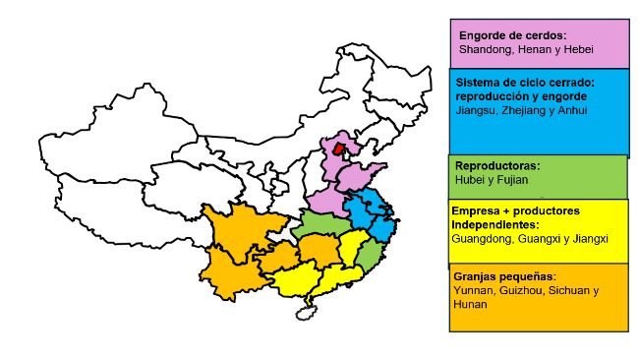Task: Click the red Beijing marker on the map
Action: [x=339, y=150]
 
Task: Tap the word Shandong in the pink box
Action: [x=482, y=47]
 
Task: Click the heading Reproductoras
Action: [x=497, y=166]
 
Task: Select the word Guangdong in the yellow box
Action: [x=483, y=238]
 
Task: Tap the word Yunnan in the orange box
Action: [x=473, y=291]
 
